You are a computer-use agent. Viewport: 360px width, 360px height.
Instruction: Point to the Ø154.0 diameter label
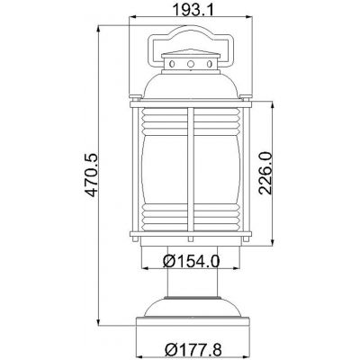tap(192, 262)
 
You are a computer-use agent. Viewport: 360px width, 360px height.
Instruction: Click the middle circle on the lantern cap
tap(190, 65)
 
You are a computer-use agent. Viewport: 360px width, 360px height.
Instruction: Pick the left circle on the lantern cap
tap(176, 65)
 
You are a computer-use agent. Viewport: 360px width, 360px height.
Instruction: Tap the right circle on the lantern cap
tap(203, 65)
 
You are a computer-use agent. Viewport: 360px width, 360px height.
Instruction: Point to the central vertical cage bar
tap(191, 171)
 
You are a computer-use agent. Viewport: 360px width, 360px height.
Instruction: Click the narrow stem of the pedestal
tap(190, 281)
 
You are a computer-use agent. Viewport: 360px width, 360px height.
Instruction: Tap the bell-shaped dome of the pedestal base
tap(190, 305)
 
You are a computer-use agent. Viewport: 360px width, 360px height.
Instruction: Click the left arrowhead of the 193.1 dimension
tap(135, 19)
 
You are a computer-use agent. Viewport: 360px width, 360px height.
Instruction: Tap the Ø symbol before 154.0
tap(170, 262)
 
